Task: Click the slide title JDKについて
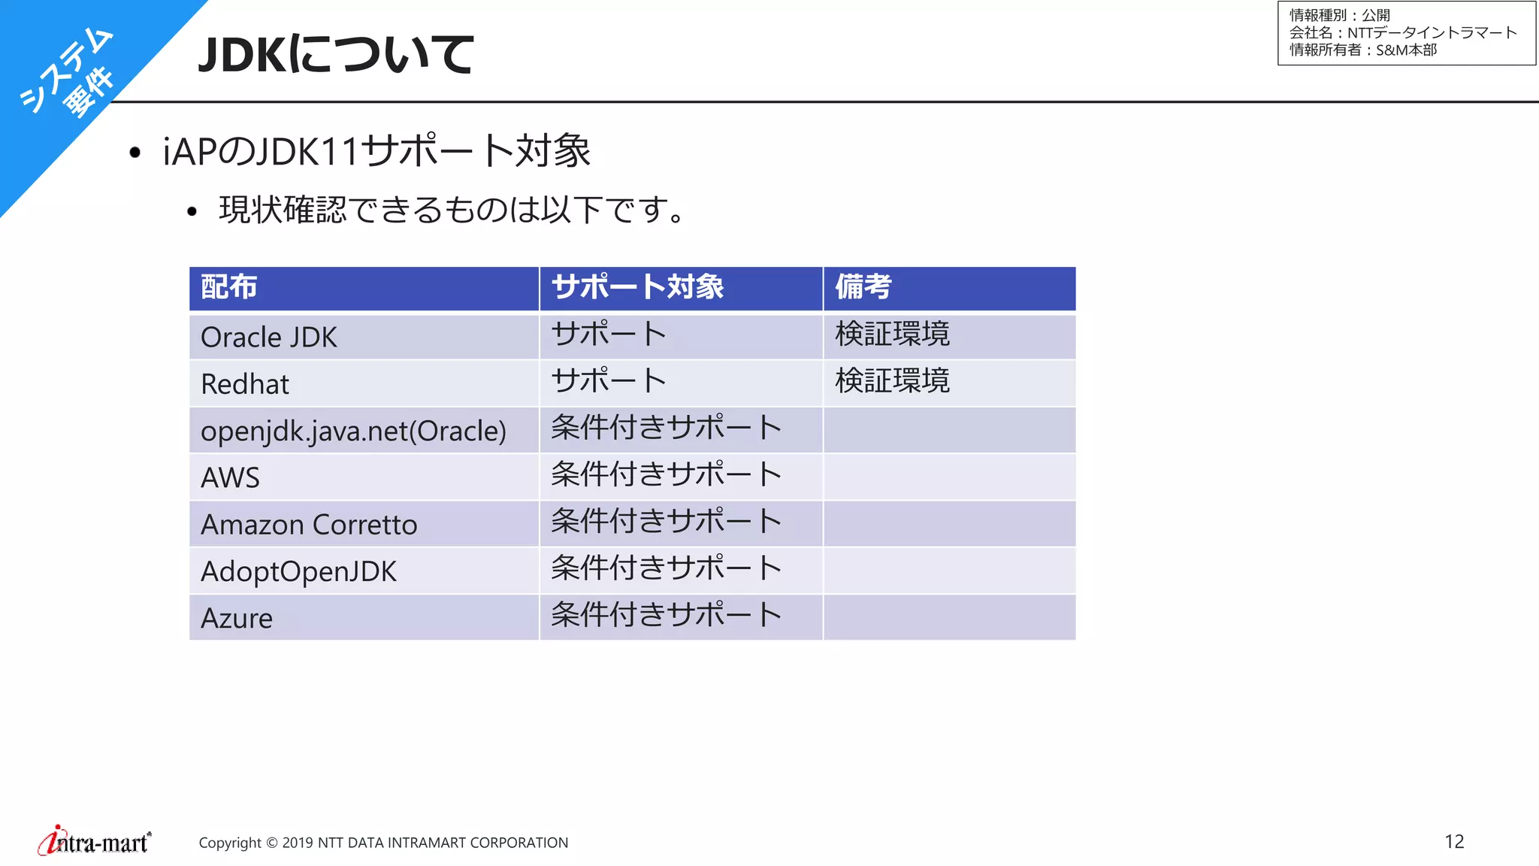[x=335, y=54]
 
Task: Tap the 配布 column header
[x=229, y=287]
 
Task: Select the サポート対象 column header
[x=637, y=287]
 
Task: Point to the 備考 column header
[x=863, y=287]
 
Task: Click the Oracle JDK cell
[x=269, y=338]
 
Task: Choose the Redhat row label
[x=245, y=384]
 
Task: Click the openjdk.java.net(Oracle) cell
[x=353, y=431]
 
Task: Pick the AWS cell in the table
[x=230, y=477]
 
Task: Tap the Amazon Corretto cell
[x=309, y=525]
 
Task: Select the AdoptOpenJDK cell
[x=298, y=571]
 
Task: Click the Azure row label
[x=237, y=618]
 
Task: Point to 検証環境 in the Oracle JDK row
[x=892, y=334]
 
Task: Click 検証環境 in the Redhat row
[x=892, y=381]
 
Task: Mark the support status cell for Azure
[x=666, y=615]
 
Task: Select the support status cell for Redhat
[x=609, y=381]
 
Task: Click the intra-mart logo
[x=95, y=841]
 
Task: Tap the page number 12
[x=1454, y=841]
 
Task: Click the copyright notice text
[x=383, y=843]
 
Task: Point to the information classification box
[x=1406, y=33]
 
